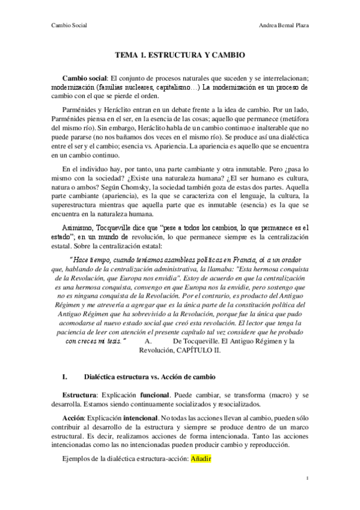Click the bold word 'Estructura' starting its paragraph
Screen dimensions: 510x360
[81, 394]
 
